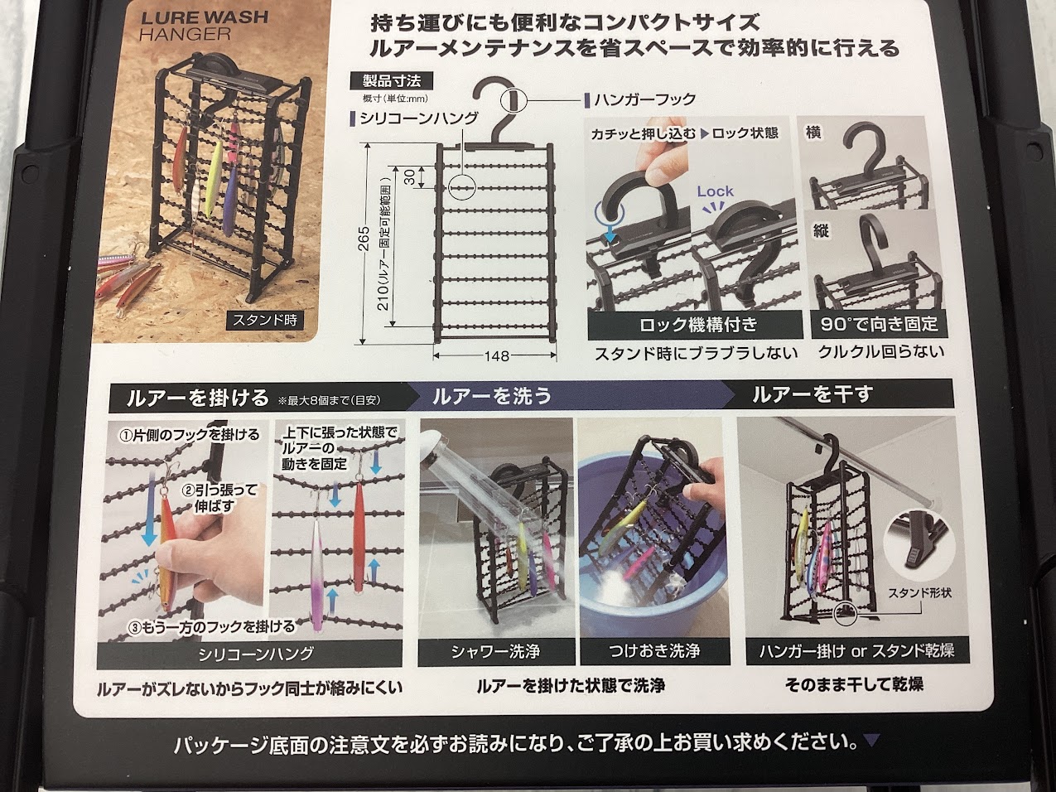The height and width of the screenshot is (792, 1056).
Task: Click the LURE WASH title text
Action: tap(205, 17)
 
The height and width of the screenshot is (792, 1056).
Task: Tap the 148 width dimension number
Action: tap(496, 356)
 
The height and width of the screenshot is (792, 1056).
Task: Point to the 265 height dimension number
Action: tap(364, 239)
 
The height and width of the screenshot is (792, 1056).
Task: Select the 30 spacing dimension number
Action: tap(409, 177)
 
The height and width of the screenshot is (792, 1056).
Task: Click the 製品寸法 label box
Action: tap(392, 81)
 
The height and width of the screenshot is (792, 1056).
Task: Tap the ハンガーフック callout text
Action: tap(645, 99)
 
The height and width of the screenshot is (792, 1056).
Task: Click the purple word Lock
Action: tap(715, 191)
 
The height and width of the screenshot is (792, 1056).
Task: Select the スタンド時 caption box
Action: tap(264, 320)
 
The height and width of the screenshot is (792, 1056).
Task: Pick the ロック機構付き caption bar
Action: tap(695, 325)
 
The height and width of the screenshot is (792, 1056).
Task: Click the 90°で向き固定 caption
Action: tap(880, 323)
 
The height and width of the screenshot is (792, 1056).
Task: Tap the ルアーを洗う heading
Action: tap(492, 396)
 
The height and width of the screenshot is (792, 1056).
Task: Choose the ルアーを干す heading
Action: tap(813, 394)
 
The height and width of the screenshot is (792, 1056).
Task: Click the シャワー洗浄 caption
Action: tap(496, 652)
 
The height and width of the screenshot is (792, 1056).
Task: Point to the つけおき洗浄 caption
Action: tap(655, 651)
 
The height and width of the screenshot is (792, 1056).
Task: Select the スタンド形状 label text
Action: tap(919, 592)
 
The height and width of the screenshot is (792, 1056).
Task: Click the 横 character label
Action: tap(813, 133)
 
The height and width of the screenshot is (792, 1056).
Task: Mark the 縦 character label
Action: tap(821, 231)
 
